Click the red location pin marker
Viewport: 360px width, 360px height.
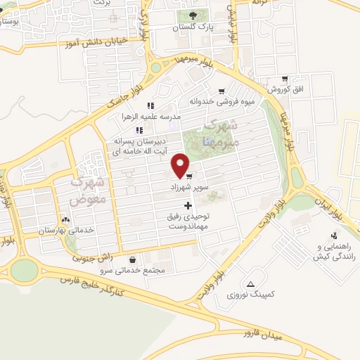coord(181,165)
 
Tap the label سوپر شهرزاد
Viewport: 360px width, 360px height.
coord(188,188)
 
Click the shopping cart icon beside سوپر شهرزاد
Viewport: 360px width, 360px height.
coord(189,176)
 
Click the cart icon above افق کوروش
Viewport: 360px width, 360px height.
coord(284,79)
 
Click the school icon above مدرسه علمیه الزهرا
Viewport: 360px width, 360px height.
coord(150,105)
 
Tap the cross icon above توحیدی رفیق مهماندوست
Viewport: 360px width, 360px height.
coord(187,205)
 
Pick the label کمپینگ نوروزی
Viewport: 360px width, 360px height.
coord(252,297)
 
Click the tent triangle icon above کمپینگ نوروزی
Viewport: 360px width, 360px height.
coord(252,285)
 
